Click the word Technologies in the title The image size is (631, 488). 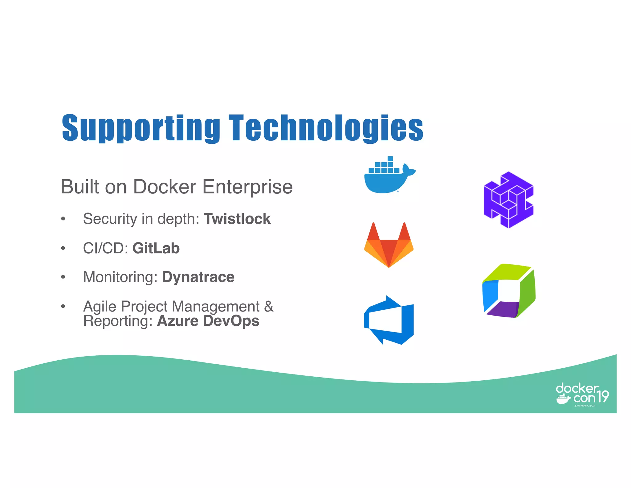click(326, 128)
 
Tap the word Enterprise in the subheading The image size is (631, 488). click(247, 187)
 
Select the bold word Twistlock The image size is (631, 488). click(237, 219)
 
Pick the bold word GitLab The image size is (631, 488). click(156, 248)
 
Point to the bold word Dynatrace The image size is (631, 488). click(198, 277)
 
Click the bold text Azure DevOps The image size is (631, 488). click(208, 321)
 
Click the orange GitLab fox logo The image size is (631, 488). click(389, 245)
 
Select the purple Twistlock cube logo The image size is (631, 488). click(508, 200)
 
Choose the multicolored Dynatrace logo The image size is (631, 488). click(509, 291)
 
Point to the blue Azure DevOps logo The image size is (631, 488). click(389, 320)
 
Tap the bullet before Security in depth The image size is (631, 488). click(63, 219)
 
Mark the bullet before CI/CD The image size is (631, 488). click(63, 248)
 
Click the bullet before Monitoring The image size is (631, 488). click(63, 277)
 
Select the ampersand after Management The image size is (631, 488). click(269, 306)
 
